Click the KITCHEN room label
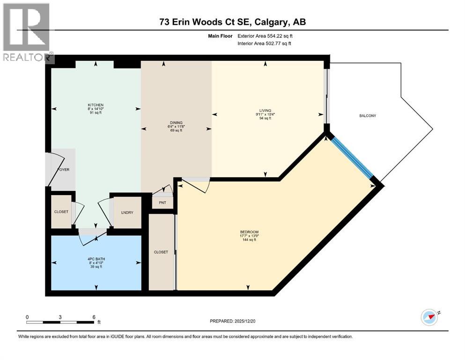95,105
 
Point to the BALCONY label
368,116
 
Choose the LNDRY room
127,212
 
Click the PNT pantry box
162,202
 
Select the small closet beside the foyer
61,211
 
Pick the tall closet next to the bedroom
161,252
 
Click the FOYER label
63,170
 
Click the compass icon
429,317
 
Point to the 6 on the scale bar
94,316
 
